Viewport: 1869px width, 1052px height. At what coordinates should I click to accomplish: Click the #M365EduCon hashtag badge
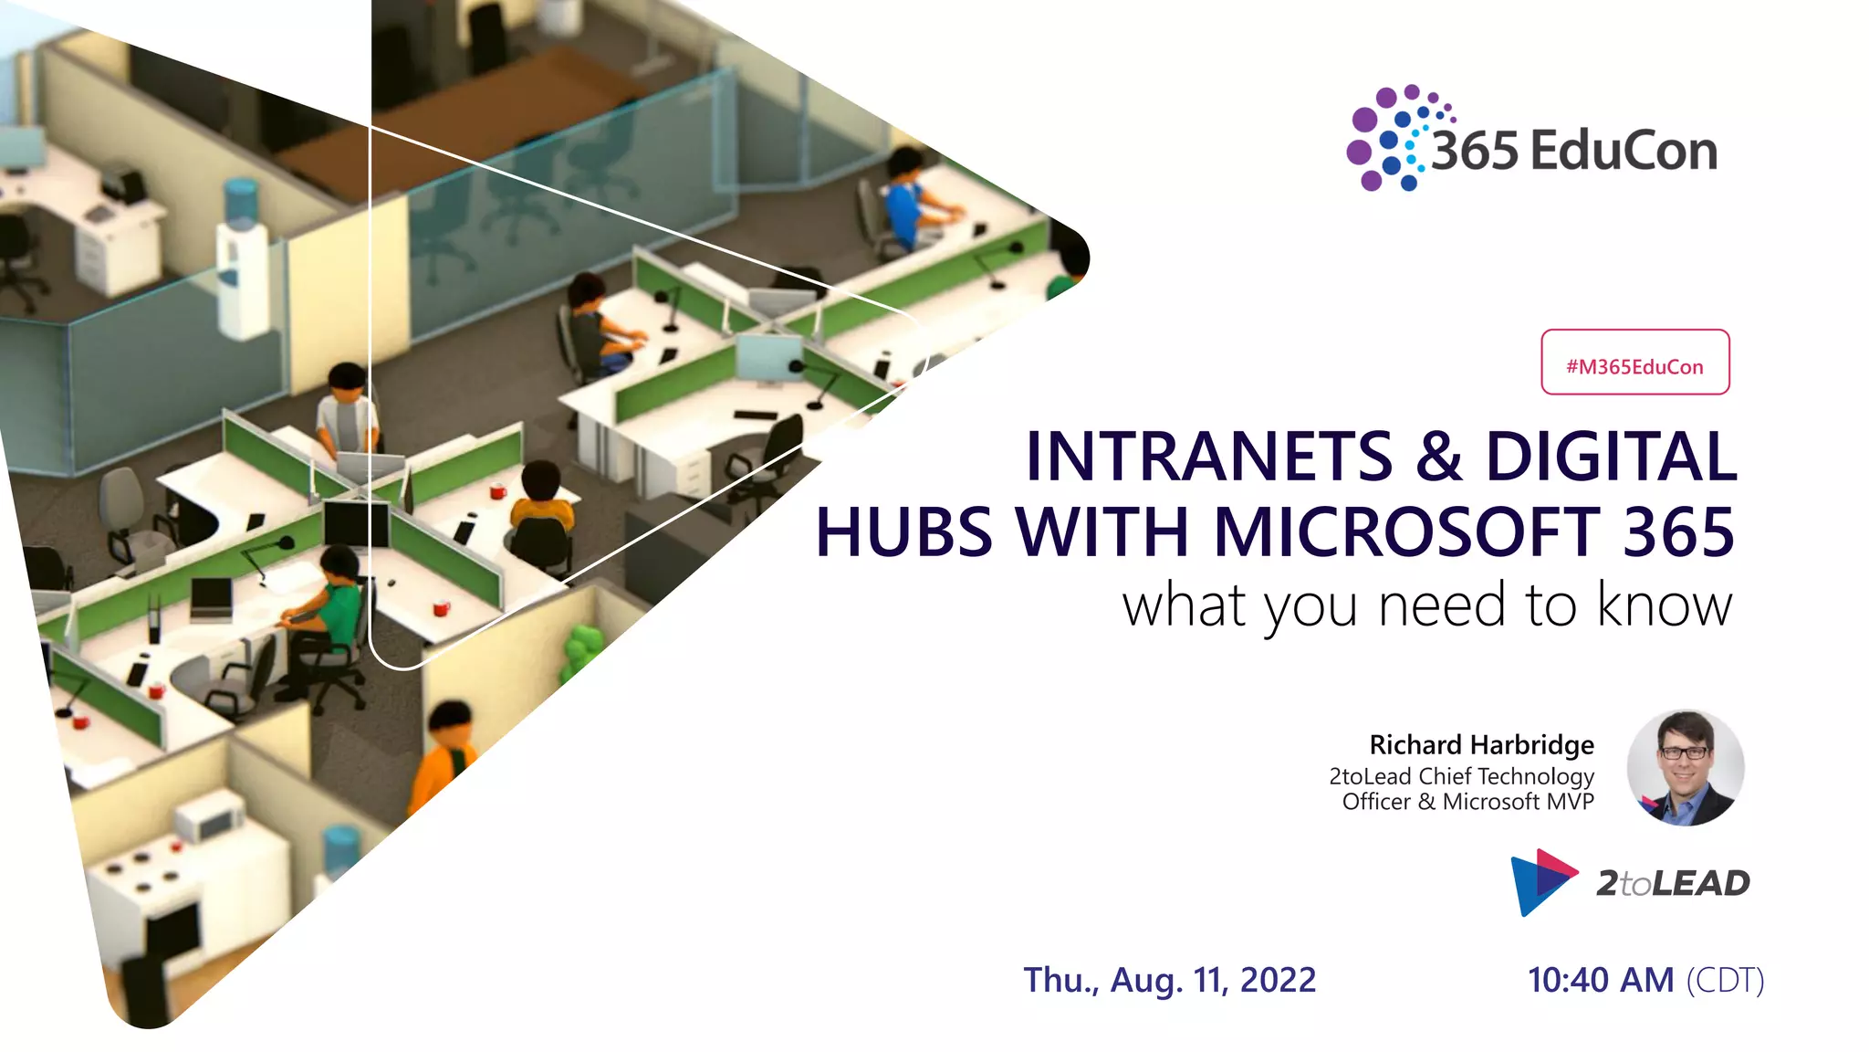pyautogui.click(x=1634, y=363)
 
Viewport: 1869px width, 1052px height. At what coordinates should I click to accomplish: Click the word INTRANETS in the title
pyautogui.click(x=1208, y=456)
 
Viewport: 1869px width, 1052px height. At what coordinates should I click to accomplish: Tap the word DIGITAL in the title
pyautogui.click(x=1611, y=456)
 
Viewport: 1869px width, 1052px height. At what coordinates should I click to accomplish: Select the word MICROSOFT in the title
pyautogui.click(x=1405, y=531)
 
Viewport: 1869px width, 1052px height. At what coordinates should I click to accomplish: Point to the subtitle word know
pyautogui.click(x=1664, y=605)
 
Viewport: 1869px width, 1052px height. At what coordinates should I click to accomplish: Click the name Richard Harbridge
pyautogui.click(x=1481, y=744)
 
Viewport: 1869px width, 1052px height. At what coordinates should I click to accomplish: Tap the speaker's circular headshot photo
pyautogui.click(x=1685, y=768)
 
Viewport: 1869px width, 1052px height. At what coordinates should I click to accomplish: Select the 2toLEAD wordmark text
pyautogui.click(x=1673, y=883)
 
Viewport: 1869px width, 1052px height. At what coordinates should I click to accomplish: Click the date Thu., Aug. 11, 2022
pyautogui.click(x=1169, y=980)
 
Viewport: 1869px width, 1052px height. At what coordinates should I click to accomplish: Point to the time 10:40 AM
pyautogui.click(x=1601, y=980)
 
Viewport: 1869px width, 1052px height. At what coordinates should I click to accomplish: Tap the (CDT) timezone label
pyautogui.click(x=1725, y=980)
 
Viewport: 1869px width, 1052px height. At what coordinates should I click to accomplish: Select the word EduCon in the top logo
pyautogui.click(x=1623, y=151)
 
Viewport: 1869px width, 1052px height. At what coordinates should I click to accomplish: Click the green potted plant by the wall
pyautogui.click(x=581, y=648)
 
